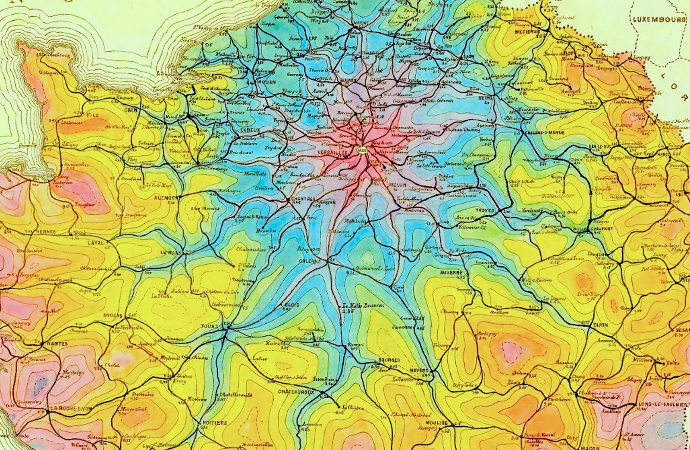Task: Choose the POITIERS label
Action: pos(214,423)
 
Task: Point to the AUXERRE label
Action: pos(452,273)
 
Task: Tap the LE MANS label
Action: pos(169,253)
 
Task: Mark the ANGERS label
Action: pos(113,315)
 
